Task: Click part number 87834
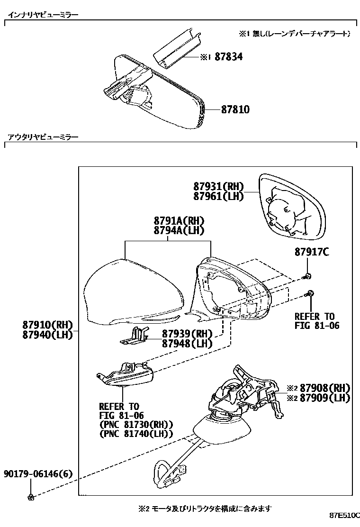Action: (x=228, y=57)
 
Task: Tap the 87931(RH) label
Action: (x=218, y=187)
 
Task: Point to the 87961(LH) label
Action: (x=218, y=196)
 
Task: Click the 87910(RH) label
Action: (x=46, y=325)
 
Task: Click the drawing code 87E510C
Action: (x=344, y=515)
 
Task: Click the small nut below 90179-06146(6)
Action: (x=31, y=496)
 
